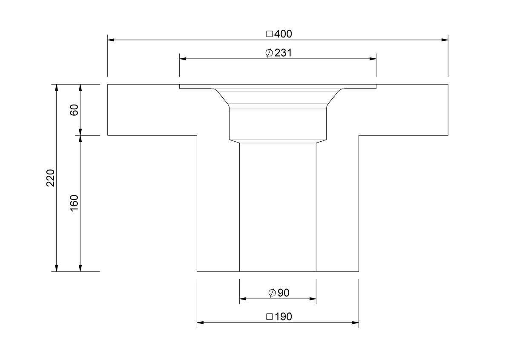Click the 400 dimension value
pyautogui.click(x=283, y=34)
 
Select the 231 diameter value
pyautogui.click(x=283, y=53)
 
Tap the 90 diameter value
pyautogui.click(x=284, y=293)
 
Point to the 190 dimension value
pyautogui.click(x=283, y=317)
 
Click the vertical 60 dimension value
pyautogui.click(x=74, y=110)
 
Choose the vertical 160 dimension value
pyautogui.click(x=74, y=203)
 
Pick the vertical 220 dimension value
pyautogui.click(x=51, y=178)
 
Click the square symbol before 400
pyautogui.click(x=270, y=34)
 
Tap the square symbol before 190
pyautogui.click(x=270, y=317)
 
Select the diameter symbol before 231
pyautogui.click(x=269, y=53)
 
